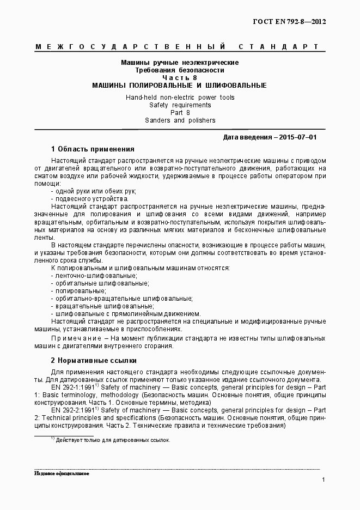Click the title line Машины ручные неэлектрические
pos(180,63)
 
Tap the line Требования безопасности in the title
pos(180,70)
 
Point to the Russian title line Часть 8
pos(180,78)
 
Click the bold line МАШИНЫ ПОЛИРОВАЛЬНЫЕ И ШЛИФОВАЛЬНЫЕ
pos(180,86)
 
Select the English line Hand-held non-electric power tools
pos(180,97)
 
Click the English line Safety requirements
pos(180,105)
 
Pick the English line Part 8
pos(180,112)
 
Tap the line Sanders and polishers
pos(180,120)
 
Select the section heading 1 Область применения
pos(93,149)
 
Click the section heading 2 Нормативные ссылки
pos(93,360)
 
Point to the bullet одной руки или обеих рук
pos(93,191)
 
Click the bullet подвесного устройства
pos(89,199)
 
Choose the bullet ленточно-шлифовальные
pos(94,276)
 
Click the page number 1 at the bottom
pos(324,480)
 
